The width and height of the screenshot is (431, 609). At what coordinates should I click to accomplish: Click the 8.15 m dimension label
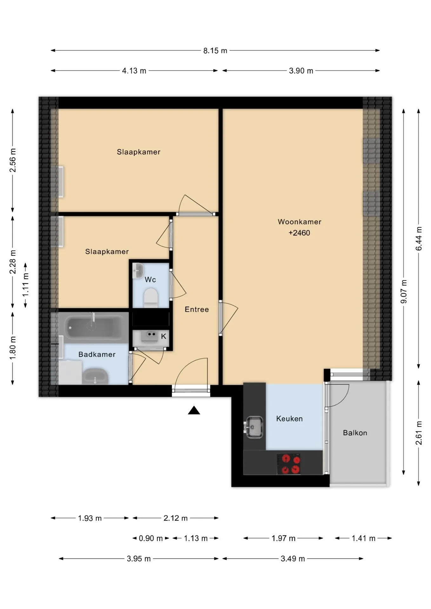(215, 51)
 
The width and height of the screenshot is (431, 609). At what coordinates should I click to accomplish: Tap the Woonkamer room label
(299, 222)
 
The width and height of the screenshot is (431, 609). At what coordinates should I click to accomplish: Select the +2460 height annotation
(299, 233)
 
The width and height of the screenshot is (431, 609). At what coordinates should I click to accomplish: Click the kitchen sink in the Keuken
(254, 427)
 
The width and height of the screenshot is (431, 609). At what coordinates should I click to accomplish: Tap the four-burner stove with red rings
(288, 464)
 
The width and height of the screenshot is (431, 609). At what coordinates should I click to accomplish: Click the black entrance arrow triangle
(194, 410)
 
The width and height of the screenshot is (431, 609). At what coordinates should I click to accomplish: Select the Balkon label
(355, 433)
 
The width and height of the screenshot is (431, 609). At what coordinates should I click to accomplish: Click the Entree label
(197, 309)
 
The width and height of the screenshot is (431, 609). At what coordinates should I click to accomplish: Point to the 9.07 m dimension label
(404, 291)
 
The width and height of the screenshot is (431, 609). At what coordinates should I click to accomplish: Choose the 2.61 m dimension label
(419, 433)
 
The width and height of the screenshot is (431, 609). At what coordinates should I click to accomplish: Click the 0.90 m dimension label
(151, 538)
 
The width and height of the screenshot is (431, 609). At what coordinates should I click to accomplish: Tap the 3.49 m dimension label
(293, 559)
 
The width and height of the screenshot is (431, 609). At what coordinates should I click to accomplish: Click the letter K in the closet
(163, 336)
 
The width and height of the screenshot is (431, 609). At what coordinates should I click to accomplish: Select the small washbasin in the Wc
(138, 271)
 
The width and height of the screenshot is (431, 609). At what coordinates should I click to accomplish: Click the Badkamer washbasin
(95, 377)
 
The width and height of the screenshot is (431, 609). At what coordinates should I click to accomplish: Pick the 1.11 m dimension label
(26, 285)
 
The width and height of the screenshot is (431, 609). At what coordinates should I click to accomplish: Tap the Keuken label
(289, 419)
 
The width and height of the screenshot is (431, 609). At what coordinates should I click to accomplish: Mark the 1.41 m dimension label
(363, 538)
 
